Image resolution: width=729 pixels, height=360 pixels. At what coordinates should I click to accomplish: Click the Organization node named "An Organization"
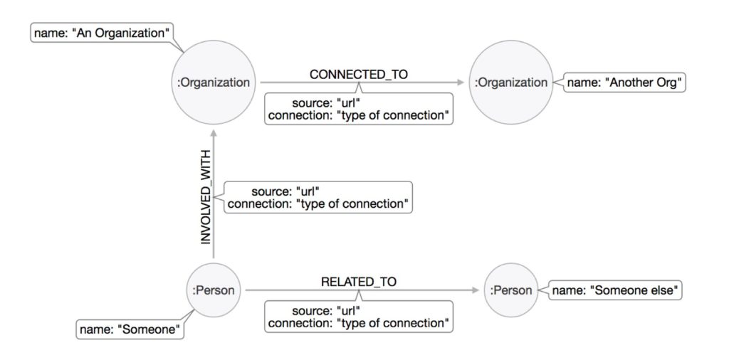pos(214,83)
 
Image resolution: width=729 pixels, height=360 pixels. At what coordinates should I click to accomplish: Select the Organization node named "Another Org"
pos(511,83)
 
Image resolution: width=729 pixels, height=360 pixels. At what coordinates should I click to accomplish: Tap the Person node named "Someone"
pos(214,290)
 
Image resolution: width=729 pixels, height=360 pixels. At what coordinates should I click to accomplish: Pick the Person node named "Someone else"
pos(511,290)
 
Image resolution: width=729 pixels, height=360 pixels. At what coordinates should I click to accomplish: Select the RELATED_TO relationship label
pos(359,282)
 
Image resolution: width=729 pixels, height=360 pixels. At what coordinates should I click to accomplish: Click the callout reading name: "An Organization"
pos(103,33)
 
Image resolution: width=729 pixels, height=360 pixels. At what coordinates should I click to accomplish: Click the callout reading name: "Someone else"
pos(617,290)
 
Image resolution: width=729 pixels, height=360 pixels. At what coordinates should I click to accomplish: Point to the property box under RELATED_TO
pos(359,317)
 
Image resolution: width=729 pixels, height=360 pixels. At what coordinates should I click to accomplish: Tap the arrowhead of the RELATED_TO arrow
pos(474,290)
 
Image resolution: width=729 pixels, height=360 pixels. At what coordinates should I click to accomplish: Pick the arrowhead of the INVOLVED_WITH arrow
pos(214,128)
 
